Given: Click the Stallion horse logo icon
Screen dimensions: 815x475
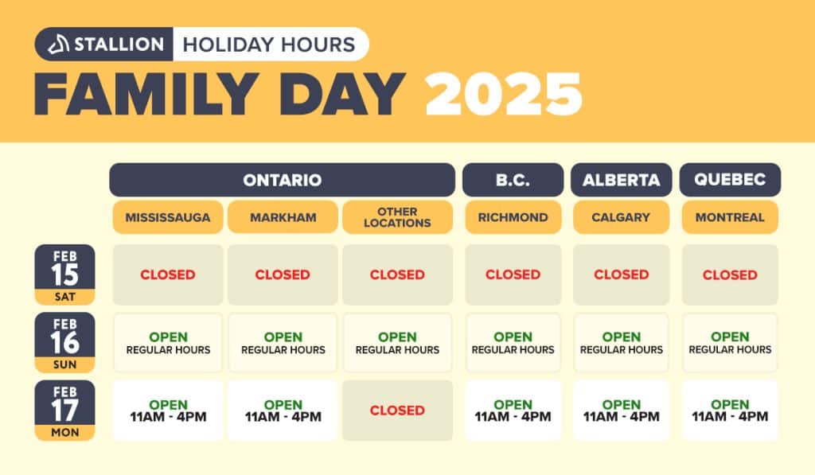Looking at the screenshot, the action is [58, 45].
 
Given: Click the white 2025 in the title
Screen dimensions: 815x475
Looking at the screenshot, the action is [504, 94].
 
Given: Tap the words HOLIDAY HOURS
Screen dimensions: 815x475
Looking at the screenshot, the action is [269, 45].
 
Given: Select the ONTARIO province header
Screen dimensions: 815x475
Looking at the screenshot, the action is [283, 180].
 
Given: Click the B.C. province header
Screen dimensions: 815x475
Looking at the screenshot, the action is [513, 180].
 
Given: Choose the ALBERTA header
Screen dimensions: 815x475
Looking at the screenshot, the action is [621, 180].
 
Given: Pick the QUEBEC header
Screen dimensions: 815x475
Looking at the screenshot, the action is [730, 180].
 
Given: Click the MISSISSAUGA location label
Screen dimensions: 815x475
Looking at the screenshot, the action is [168, 217].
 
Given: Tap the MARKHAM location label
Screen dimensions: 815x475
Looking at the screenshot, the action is [283, 217].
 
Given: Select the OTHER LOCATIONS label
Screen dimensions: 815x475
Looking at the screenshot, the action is [398, 217].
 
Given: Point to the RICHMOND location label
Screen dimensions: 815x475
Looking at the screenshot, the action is [513, 217].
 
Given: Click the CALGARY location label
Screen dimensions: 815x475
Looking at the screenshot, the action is [621, 217].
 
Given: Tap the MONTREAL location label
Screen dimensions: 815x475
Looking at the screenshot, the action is [730, 217].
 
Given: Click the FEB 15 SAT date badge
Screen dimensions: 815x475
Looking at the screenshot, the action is [65, 275].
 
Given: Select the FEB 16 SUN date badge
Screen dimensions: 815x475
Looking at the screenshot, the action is [65, 342].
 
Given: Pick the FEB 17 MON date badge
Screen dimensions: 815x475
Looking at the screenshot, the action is [65, 411].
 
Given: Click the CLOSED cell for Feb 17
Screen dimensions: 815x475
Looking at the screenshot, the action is [398, 411].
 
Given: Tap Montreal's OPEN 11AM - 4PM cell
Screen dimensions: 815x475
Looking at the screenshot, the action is [730, 411].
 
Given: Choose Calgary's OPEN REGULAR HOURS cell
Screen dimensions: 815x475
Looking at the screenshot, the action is [621, 342].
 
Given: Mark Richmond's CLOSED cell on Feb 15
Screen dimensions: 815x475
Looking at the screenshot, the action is [513, 275].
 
